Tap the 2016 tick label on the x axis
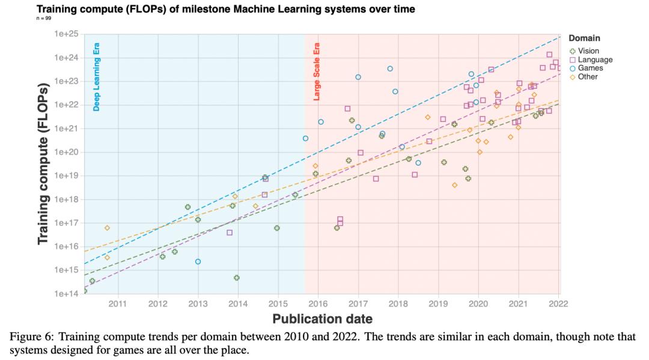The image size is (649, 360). [318, 304]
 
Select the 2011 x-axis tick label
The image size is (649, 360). [118, 304]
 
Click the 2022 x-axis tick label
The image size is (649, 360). [559, 304]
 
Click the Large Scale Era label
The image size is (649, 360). [317, 71]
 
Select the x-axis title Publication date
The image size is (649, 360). [322, 319]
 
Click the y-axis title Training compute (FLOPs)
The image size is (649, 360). [43, 164]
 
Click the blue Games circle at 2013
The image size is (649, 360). [198, 261]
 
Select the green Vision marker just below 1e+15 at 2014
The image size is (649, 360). [237, 278]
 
